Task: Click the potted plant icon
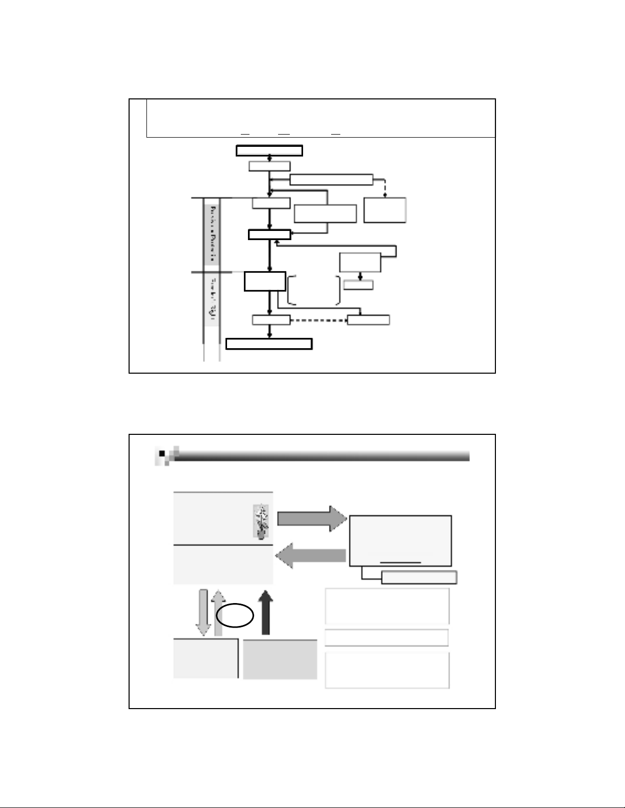[261, 522]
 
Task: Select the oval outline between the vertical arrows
[235, 616]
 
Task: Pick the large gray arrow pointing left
[311, 556]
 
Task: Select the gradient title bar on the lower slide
[321, 455]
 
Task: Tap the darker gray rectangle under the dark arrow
[280, 660]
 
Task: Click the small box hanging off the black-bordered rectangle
[418, 578]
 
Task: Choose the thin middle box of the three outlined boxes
[387, 638]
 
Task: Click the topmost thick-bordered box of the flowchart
[269, 150]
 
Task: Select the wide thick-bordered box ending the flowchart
[269, 344]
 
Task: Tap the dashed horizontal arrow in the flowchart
[318, 320]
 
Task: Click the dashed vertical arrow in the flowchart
[385, 188]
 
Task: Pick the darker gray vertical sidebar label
[211, 235]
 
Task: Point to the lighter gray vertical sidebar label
[211, 301]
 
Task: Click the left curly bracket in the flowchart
[291, 290]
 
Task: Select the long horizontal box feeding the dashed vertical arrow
[331, 179]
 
